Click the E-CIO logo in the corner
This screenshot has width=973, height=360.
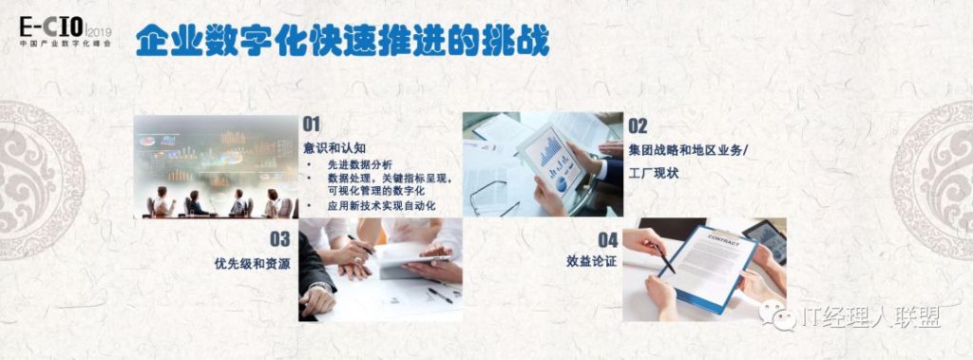65,31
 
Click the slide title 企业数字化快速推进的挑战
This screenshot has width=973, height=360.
342,41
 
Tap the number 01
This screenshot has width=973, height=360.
312,124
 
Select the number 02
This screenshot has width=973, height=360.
638,126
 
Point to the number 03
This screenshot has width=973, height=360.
280,239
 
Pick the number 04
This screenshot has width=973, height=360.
607,240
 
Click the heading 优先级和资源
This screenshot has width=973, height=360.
252,263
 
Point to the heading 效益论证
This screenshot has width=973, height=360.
591,261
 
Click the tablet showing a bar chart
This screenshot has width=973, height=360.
551,160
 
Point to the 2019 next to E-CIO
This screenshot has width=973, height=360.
99,31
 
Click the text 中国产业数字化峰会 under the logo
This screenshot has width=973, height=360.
66,44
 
